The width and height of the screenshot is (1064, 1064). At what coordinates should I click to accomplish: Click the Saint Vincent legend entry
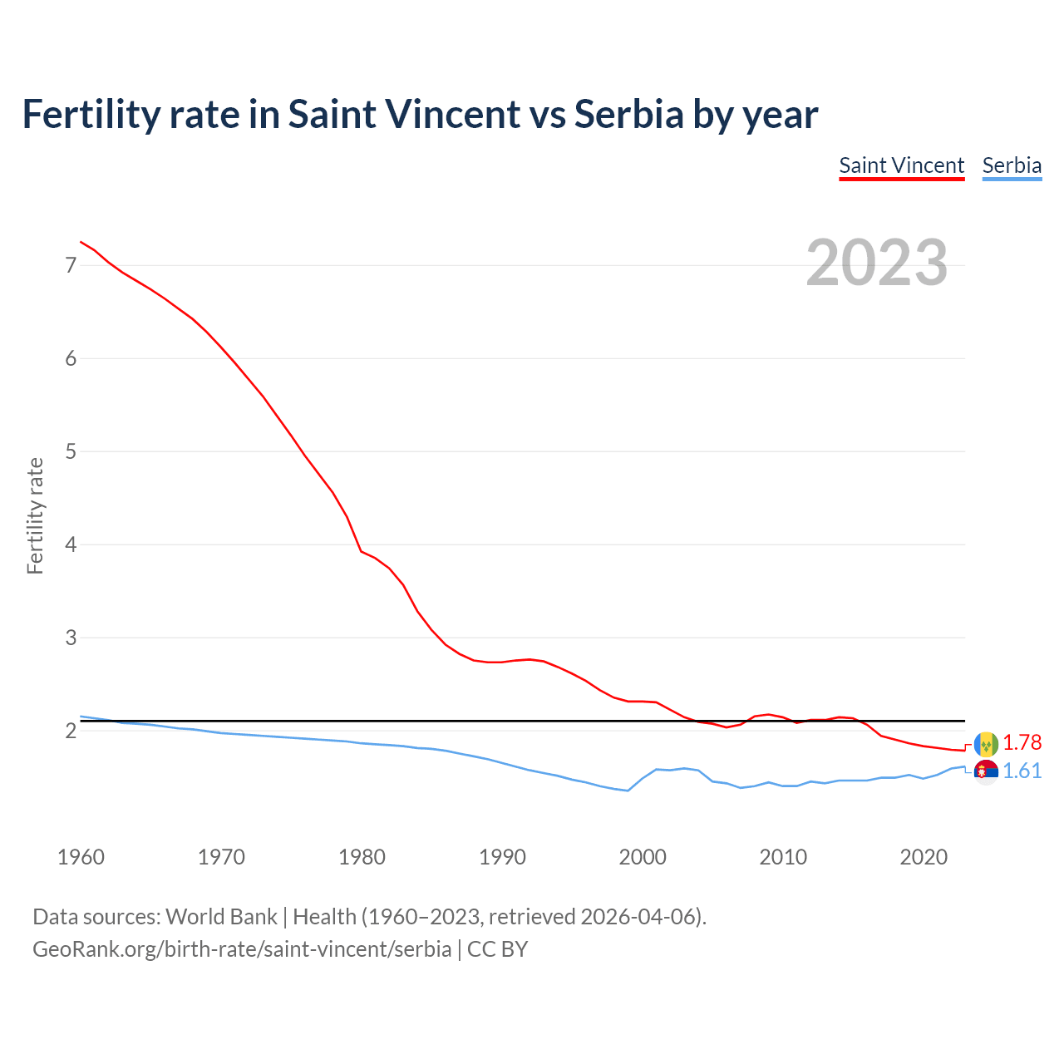click(901, 165)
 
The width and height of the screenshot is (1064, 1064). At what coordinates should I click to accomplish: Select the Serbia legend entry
click(1012, 165)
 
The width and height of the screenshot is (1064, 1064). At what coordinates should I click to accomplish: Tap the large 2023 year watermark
click(877, 263)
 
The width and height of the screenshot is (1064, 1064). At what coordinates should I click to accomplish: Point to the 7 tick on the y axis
click(71, 265)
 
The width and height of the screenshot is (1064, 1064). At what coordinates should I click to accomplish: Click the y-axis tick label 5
click(71, 451)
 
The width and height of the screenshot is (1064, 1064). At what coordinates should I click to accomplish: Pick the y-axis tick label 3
click(71, 638)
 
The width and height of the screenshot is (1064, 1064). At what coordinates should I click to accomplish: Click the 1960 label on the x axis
click(81, 857)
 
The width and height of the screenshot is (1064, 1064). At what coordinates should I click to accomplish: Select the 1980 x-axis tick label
click(362, 857)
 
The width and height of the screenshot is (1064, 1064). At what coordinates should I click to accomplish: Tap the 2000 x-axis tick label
click(643, 857)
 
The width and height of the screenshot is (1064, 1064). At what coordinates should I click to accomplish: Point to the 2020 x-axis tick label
click(924, 857)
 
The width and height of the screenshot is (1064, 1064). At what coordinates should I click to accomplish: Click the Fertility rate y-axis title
click(35, 515)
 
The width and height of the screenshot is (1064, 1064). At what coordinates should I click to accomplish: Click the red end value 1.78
click(1022, 742)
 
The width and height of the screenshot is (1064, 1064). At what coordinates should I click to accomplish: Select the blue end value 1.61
click(1022, 771)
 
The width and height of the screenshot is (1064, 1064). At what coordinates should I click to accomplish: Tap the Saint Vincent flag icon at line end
click(986, 743)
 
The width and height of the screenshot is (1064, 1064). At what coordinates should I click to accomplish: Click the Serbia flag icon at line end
click(986, 772)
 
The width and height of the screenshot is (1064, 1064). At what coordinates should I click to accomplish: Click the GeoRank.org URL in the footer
click(242, 948)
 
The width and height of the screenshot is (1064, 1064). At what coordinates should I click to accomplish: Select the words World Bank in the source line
click(221, 917)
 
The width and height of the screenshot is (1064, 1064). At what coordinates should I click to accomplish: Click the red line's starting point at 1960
click(81, 242)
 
